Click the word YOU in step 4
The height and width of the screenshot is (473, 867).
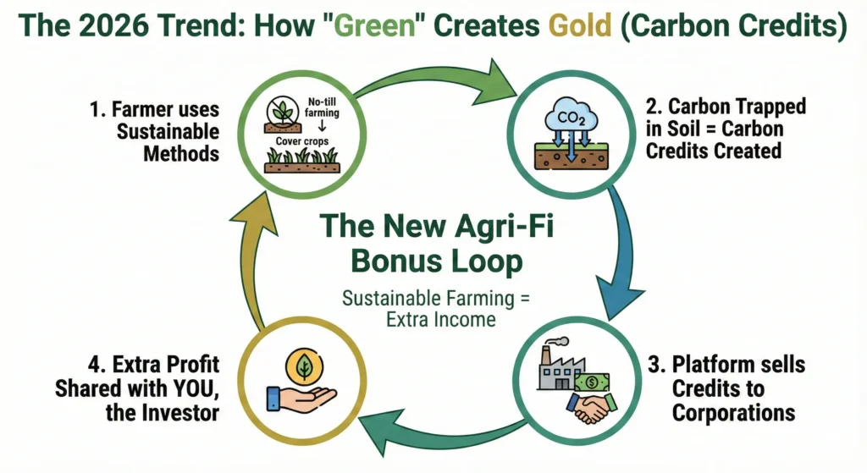click(200, 389)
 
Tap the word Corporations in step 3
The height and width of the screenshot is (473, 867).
click(733, 413)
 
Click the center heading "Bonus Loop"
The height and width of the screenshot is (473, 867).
click(433, 261)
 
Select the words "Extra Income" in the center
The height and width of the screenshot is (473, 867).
click(433, 320)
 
